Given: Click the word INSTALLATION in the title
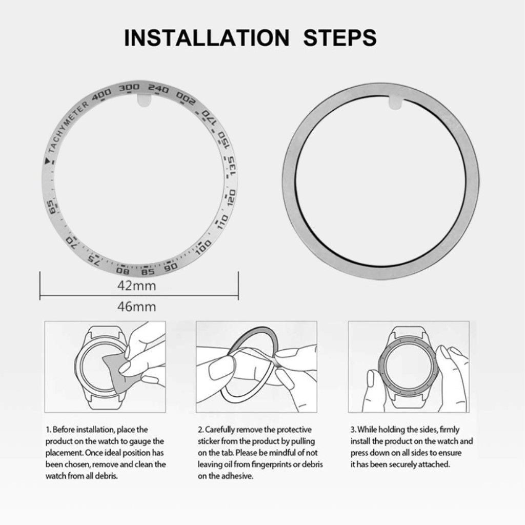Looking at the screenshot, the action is (x=207, y=37).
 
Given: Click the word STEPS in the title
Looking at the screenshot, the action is (x=340, y=37).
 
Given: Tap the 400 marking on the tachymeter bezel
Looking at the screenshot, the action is (x=102, y=94).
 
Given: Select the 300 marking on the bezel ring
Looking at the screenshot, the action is (x=129, y=88).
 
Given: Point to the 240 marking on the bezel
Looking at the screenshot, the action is (x=158, y=89).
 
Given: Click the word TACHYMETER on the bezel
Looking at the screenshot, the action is (x=68, y=127).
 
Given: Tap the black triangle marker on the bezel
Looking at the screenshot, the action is (x=48, y=161).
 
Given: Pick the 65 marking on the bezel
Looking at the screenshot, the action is (x=52, y=208).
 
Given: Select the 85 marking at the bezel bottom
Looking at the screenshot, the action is (x=148, y=271).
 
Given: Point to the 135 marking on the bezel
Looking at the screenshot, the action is (x=232, y=166).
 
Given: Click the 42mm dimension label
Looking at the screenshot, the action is (x=136, y=286).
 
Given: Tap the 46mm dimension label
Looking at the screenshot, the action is (x=136, y=307).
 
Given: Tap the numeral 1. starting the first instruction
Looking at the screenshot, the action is (x=48, y=430).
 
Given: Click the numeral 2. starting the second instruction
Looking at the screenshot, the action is (x=201, y=430).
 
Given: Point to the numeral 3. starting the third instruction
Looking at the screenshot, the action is (x=354, y=430).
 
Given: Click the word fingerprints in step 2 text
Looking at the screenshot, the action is (x=271, y=465).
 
